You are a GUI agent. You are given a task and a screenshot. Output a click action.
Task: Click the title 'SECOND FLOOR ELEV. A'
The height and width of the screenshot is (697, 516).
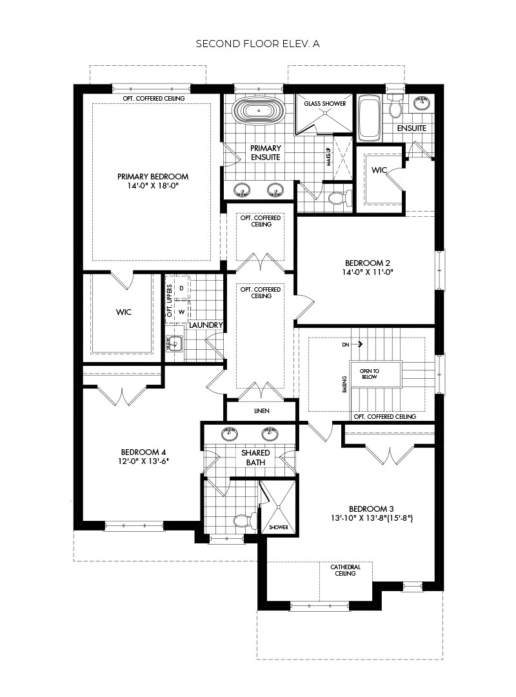258,44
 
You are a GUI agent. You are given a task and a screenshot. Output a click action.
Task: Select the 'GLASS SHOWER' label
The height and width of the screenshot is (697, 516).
324,104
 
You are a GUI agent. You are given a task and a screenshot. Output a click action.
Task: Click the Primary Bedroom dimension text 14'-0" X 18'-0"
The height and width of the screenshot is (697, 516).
153,185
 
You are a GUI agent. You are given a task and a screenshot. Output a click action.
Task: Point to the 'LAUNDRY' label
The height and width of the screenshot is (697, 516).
206,325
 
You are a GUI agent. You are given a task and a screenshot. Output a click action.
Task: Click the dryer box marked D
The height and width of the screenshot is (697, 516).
181,287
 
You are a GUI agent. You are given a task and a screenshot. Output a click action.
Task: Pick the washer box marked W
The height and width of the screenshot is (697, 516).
181,311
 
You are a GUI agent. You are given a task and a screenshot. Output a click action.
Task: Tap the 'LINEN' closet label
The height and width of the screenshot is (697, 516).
261,411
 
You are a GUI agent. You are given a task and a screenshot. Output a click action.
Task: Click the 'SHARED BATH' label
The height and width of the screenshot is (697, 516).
255,457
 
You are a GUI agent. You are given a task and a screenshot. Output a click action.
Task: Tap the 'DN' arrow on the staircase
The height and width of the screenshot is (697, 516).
349,345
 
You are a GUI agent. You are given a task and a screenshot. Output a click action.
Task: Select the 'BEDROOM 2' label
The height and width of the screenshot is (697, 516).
368,263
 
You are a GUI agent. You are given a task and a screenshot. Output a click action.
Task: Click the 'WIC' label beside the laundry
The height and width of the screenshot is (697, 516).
124,312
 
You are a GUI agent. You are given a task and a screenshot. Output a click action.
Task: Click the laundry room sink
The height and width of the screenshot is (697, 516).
175,345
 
